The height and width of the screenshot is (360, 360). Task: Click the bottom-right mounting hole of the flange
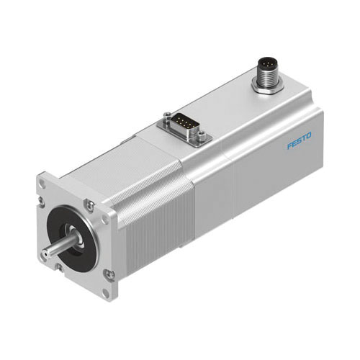click(107, 274)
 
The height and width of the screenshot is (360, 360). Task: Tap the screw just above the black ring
click(89, 204)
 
